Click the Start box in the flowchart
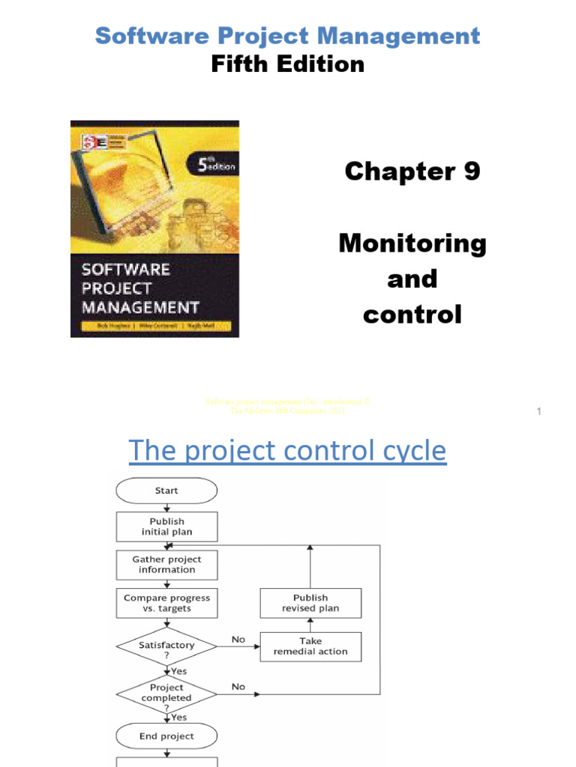[x=166, y=491]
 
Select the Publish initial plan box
[x=166, y=527]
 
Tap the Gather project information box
[x=166, y=564]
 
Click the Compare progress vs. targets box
[x=166, y=603]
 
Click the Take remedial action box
[x=310, y=646]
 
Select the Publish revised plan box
[x=310, y=603]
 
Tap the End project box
[x=166, y=736]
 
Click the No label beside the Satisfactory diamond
[x=238, y=640]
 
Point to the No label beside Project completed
[x=238, y=686]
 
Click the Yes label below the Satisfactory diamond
[x=179, y=671]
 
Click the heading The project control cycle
[x=287, y=451]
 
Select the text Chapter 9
[x=412, y=172]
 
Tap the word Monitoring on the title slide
[x=412, y=243]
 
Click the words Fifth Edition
[x=288, y=64]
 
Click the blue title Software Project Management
[x=288, y=35]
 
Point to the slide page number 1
[x=539, y=411]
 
